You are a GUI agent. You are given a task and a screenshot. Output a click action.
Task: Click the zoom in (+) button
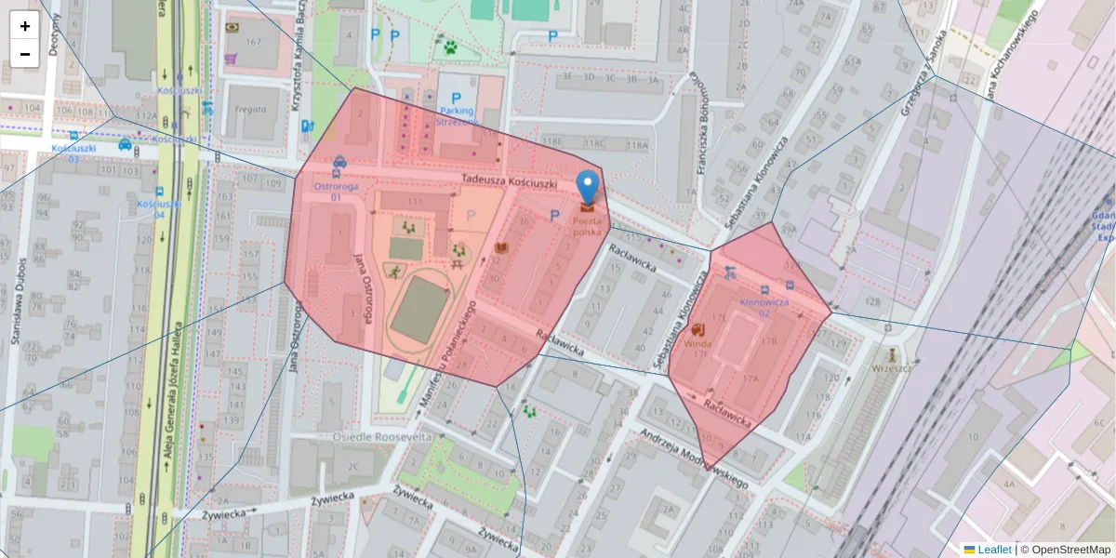[x=25, y=26]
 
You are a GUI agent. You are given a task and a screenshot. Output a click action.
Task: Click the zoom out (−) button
[x=25, y=54]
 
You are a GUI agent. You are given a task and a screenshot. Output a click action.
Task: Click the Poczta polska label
[x=587, y=226]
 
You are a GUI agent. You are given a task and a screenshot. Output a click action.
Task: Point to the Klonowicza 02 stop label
[x=764, y=307]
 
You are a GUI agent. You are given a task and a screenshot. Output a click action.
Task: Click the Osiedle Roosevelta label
[x=382, y=436]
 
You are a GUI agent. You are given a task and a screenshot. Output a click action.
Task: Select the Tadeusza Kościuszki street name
[x=508, y=182]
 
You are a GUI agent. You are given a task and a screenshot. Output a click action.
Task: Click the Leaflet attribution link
[x=994, y=550]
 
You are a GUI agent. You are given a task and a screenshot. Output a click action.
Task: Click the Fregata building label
[x=250, y=109]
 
